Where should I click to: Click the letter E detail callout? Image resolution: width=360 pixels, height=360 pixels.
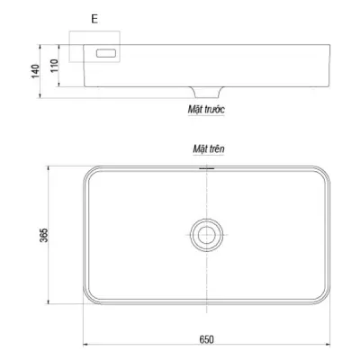tap(95, 17)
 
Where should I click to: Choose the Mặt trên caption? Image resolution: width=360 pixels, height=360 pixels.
tap(206, 147)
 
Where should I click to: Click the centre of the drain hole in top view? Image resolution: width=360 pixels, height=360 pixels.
tap(206, 235)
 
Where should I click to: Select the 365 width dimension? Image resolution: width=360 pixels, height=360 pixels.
tap(44, 235)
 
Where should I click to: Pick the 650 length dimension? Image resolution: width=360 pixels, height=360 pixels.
tap(206, 338)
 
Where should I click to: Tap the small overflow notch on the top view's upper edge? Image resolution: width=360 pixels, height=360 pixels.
tap(206, 166)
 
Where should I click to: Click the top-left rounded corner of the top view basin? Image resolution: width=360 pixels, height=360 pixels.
tap(89, 172)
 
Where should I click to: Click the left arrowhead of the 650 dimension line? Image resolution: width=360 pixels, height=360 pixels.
tap(86, 343)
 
